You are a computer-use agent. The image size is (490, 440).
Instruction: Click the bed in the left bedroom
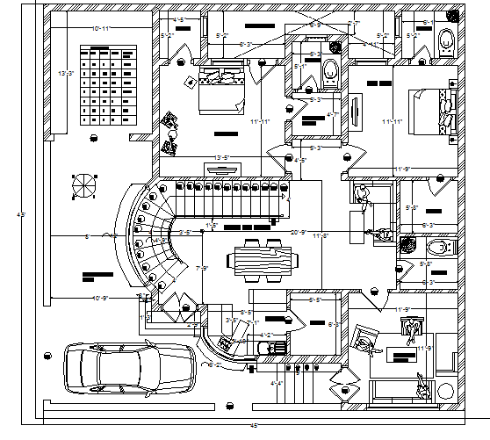pyautogui.click(x=220, y=91)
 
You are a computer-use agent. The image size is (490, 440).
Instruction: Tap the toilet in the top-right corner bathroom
pyautogui.click(x=445, y=39)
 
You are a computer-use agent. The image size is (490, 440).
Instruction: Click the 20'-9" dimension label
pyautogui.click(x=299, y=233)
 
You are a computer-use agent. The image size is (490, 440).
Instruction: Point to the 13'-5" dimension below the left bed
pyautogui.click(x=224, y=158)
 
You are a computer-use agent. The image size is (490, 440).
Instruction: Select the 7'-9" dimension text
pyautogui.click(x=201, y=268)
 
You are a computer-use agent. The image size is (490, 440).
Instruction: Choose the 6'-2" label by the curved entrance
pyautogui.click(x=214, y=364)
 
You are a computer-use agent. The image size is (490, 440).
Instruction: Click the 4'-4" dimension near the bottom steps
pyautogui.click(x=277, y=383)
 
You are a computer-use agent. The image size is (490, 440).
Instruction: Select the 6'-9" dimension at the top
pyautogui.click(x=315, y=25)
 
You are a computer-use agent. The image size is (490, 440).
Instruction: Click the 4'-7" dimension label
pyautogui.click(x=332, y=115)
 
